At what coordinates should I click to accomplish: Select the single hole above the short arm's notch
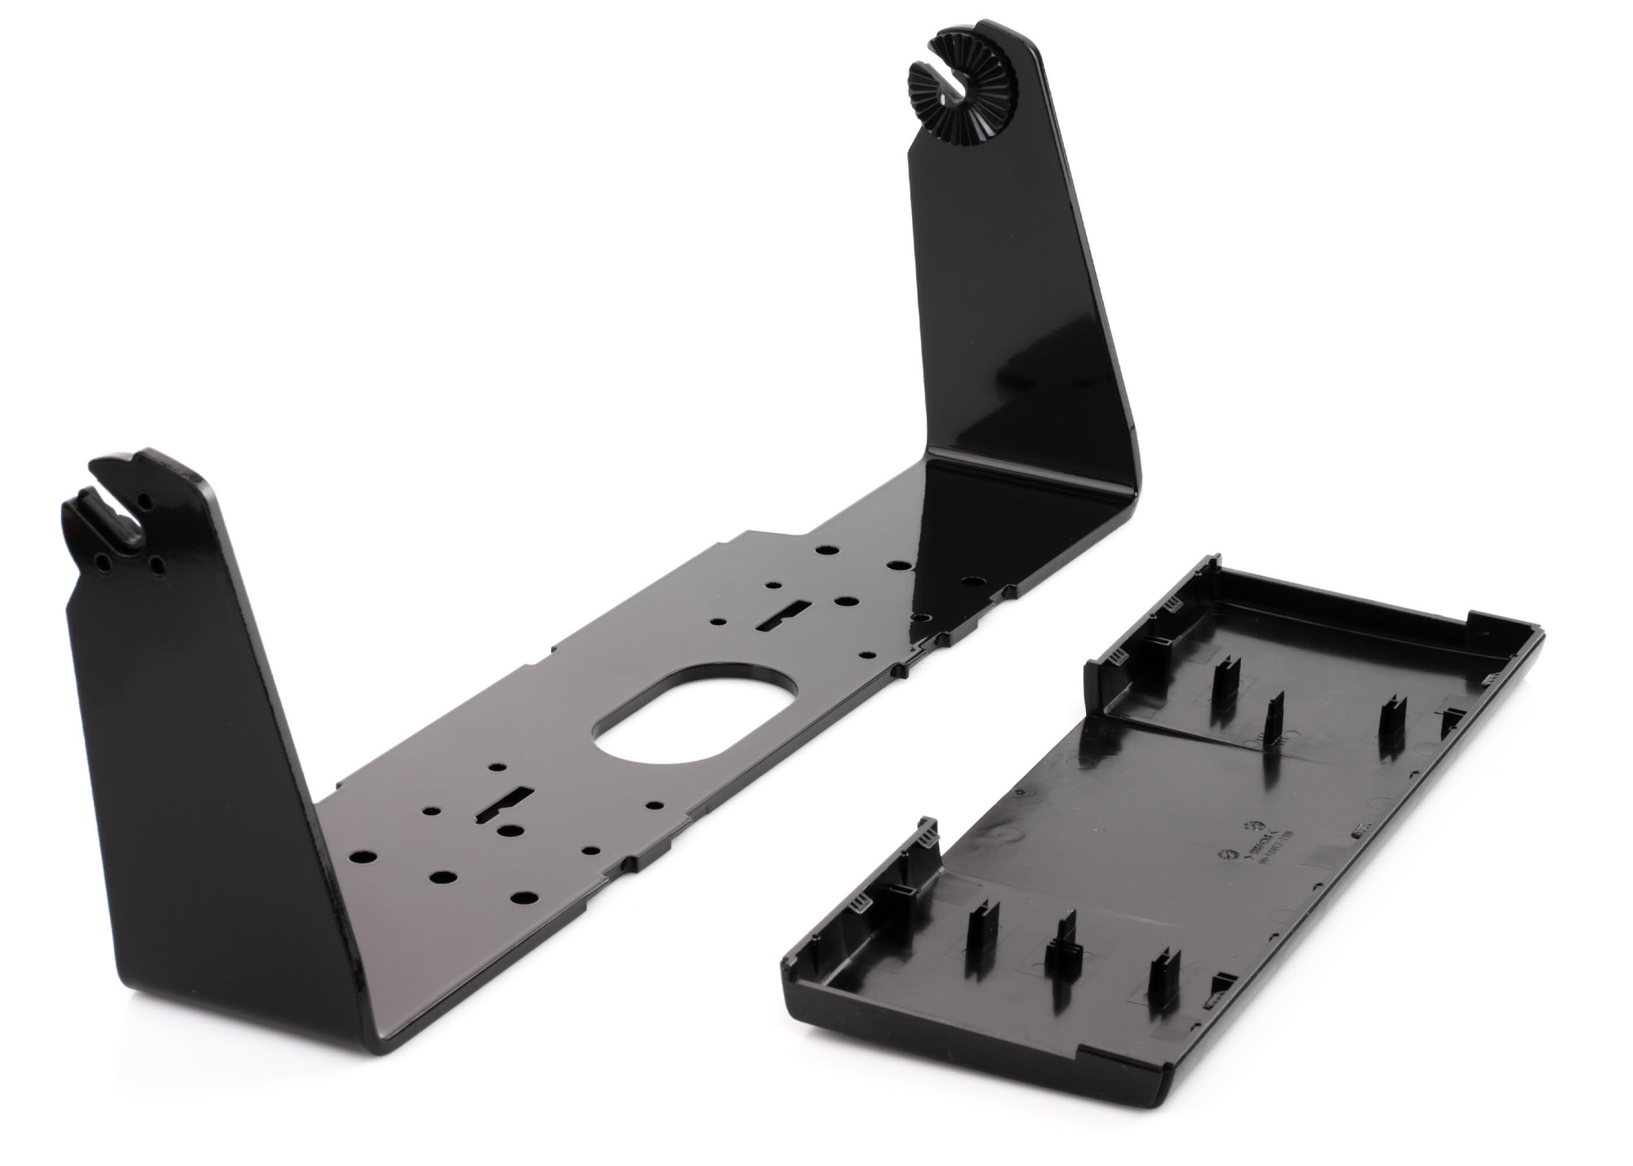click(x=144, y=498)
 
